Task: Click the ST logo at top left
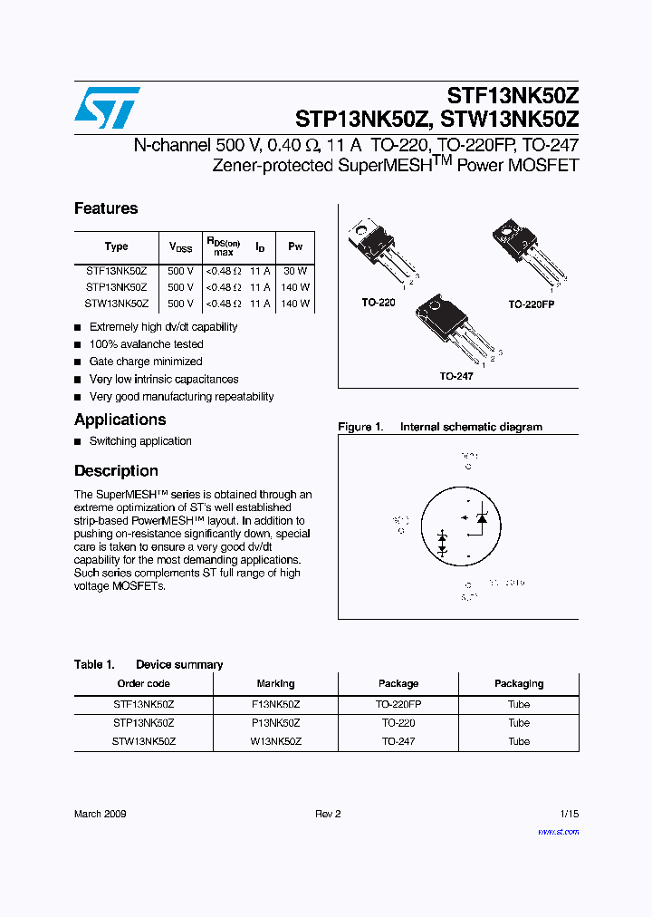(107, 108)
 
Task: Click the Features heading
(106, 208)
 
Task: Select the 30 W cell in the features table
(295, 271)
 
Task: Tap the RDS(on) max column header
(223, 246)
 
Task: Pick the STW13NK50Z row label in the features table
(117, 304)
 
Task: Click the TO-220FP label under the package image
(531, 304)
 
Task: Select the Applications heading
(120, 420)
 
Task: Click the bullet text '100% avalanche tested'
(146, 344)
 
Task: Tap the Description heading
(116, 471)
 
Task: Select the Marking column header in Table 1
(275, 684)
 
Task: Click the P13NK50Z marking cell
(275, 723)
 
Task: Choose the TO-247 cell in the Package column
(398, 741)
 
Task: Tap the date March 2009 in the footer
(100, 814)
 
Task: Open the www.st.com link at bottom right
(558, 831)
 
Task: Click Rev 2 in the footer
(328, 814)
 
